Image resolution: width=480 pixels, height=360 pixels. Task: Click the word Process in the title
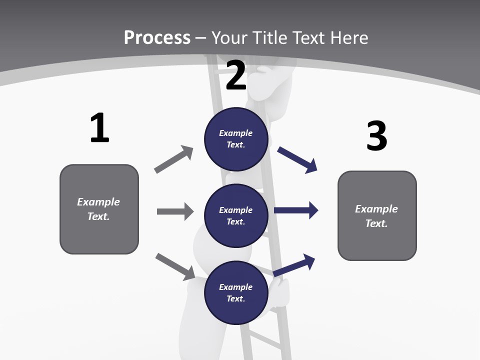(x=157, y=37)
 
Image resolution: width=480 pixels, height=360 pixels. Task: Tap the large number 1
(x=99, y=128)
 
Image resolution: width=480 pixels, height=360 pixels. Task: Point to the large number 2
(x=236, y=75)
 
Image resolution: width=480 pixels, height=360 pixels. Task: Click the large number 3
(x=376, y=136)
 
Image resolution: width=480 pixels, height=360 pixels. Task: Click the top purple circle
(x=236, y=139)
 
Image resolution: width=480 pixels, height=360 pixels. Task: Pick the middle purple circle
(x=236, y=216)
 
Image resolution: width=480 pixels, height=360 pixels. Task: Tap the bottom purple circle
(x=236, y=293)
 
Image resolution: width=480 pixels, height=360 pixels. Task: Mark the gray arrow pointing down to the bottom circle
(x=175, y=266)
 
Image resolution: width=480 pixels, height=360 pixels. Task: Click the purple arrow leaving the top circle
(x=297, y=159)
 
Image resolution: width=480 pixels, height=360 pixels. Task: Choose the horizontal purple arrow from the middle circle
(x=296, y=210)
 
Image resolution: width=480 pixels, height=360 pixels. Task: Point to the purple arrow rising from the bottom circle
(x=294, y=264)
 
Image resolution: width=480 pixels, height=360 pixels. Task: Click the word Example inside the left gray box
(x=98, y=202)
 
